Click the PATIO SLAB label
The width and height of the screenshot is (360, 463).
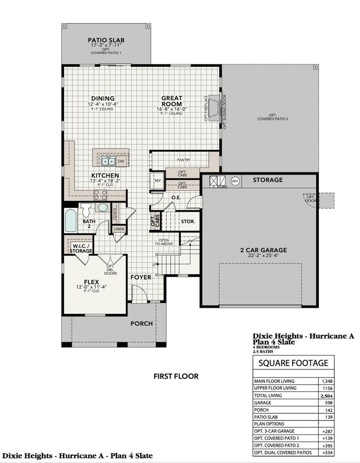[106, 41]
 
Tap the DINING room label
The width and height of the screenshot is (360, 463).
[103, 99]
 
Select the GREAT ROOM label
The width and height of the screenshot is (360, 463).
[172, 101]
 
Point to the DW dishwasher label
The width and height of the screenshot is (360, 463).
[121, 161]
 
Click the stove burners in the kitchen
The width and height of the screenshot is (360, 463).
[100, 195]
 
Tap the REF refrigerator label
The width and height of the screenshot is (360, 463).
[158, 180]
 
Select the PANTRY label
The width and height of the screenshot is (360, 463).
[184, 160]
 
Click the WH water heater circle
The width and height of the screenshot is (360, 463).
[234, 181]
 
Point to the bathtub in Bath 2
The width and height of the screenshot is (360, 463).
[70, 221]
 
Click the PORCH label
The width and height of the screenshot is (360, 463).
[141, 323]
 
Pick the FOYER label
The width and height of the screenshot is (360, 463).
[141, 277]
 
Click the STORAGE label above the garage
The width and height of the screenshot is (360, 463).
[267, 180]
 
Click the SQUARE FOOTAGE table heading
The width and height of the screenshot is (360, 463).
[293, 363]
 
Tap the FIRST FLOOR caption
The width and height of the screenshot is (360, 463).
[176, 376]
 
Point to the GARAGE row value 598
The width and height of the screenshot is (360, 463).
[327, 402]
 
